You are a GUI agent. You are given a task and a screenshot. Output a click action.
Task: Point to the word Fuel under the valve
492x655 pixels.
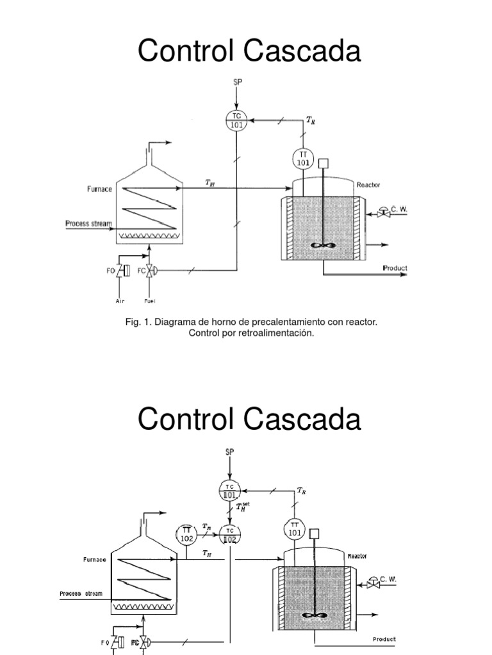tap(151, 301)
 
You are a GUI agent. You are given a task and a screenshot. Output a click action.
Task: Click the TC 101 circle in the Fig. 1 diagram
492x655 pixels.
tap(237, 120)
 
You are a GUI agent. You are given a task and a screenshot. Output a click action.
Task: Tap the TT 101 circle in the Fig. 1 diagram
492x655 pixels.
tap(302, 159)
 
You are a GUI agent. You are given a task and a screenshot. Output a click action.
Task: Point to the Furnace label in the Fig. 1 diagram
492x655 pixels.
tap(99, 189)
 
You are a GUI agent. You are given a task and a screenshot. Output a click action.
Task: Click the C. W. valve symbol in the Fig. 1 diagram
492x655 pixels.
tap(383, 210)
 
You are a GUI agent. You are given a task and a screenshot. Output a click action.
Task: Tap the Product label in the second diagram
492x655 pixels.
tap(384, 639)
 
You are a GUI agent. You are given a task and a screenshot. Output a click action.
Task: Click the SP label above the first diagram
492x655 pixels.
tap(236, 81)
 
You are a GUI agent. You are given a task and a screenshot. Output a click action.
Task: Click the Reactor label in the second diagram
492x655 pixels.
tap(357, 556)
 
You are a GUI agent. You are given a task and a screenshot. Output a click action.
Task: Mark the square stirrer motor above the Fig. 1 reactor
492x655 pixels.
tap(325, 162)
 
